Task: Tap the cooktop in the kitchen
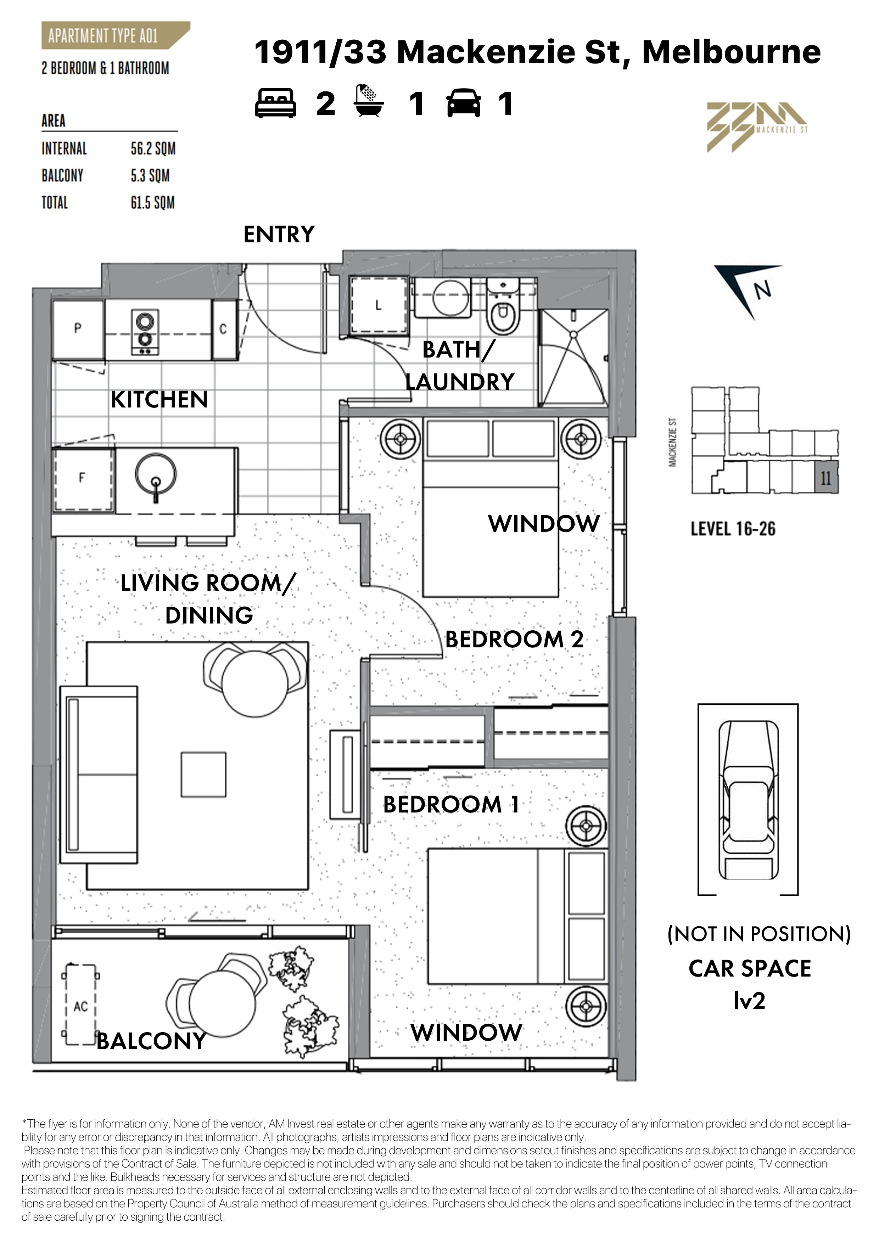coord(145,332)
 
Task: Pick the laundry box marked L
coord(379,306)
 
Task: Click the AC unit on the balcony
coord(80,1006)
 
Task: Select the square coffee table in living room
coord(203,775)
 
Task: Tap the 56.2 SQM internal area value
coord(153,149)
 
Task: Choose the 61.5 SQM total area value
coord(153,203)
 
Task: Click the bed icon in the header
coord(276,103)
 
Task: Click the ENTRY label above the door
coord(279,235)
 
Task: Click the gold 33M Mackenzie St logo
coord(757,127)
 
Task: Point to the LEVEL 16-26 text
coord(733,528)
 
